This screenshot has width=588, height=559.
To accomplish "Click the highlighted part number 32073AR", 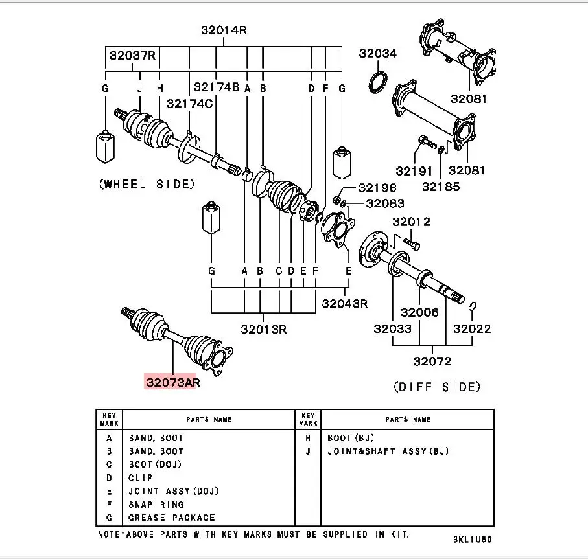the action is point(173,382).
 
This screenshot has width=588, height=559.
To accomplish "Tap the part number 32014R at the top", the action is point(224,30).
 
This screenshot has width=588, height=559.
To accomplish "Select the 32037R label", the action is point(132,56).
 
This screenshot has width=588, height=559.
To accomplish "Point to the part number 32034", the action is point(377,53).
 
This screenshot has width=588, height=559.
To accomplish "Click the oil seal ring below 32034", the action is point(378,82).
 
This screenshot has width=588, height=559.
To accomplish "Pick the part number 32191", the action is point(414,171).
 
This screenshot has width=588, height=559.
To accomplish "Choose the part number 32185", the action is point(441,187).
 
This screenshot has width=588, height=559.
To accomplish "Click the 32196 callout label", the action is point(377,187).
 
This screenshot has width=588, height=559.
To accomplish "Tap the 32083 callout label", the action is point(385,203).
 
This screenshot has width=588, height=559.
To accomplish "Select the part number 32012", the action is point(412,222).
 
